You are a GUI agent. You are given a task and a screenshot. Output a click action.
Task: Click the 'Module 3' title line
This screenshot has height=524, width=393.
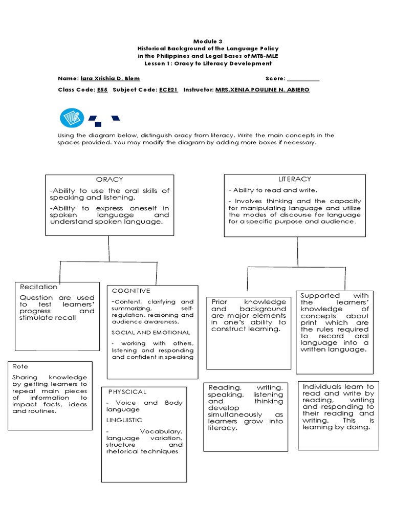click(x=204, y=40)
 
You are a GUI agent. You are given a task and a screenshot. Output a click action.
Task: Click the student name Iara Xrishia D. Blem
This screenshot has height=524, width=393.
click(x=110, y=79)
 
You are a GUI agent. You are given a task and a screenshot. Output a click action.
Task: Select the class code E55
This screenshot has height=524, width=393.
click(x=102, y=90)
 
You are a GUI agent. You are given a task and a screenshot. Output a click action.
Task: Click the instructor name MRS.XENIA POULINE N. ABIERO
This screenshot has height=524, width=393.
click(x=262, y=90)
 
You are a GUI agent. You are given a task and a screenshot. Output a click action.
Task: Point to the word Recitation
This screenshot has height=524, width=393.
click(x=38, y=287)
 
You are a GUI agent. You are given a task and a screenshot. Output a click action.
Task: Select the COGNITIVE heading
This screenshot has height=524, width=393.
click(x=131, y=291)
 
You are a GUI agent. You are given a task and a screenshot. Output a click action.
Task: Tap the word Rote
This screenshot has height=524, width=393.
click(x=20, y=367)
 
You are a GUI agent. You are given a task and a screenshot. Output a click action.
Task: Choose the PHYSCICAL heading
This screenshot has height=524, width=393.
click(x=127, y=392)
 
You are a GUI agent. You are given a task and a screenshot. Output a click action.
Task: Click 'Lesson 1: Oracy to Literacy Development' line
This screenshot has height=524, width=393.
click(x=204, y=63)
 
